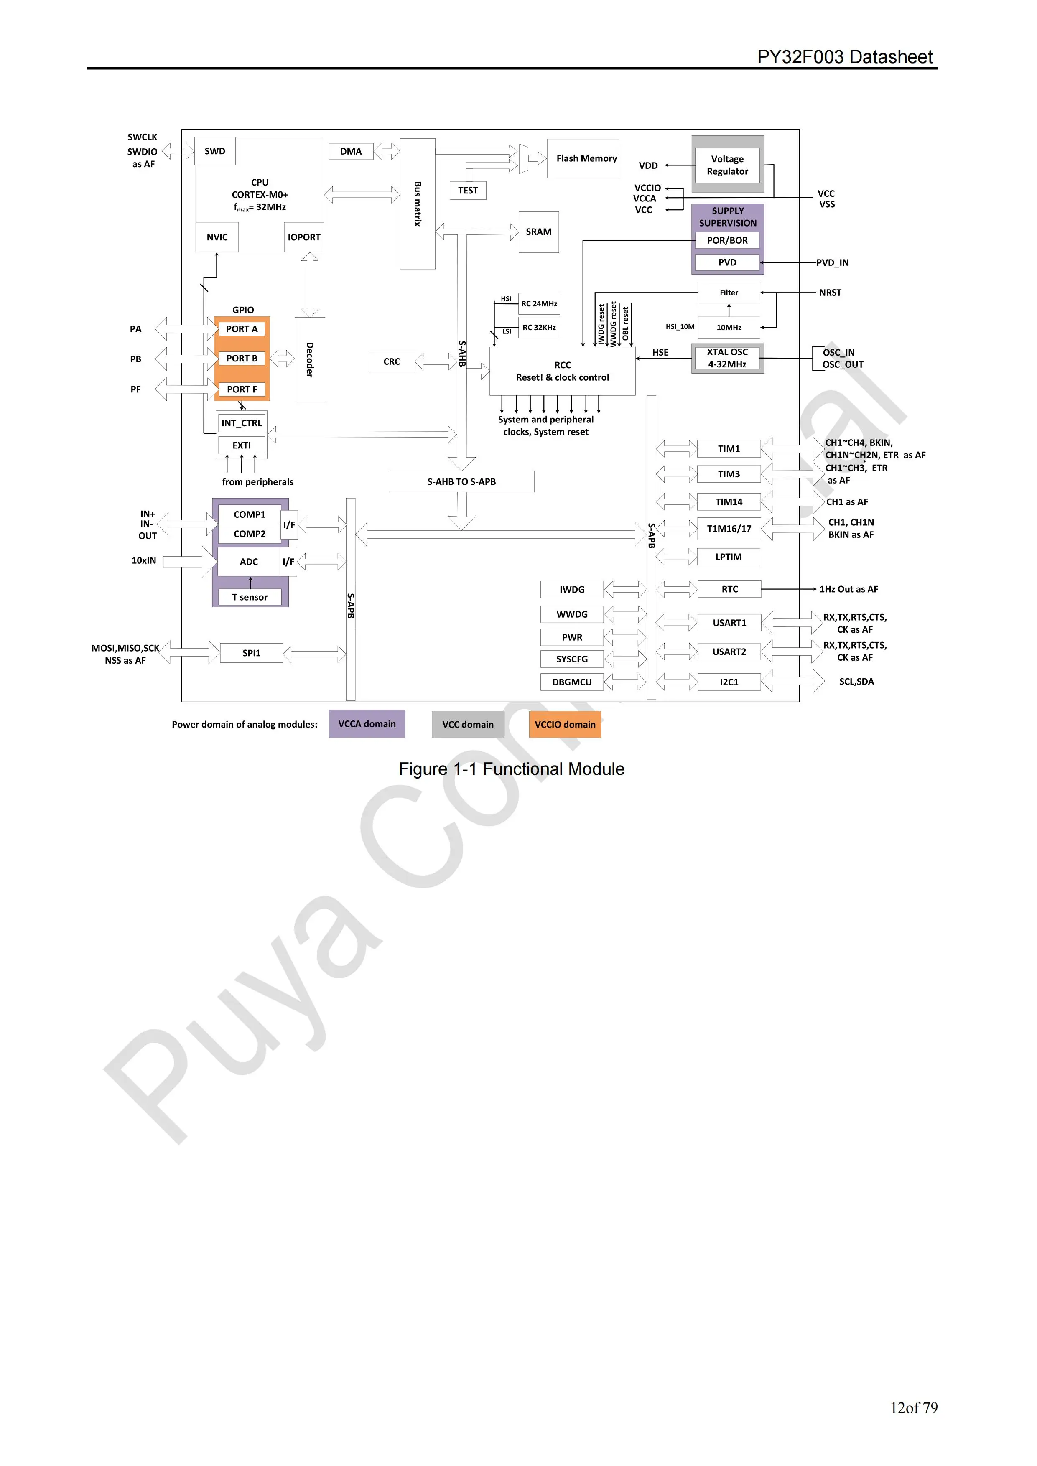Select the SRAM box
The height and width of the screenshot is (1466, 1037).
coord(538,232)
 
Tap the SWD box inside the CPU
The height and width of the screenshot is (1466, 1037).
coord(214,151)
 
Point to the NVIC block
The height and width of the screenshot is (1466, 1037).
coord(217,237)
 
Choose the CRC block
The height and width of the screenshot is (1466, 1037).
coord(391,361)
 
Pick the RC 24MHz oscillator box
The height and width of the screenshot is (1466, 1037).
coord(539,304)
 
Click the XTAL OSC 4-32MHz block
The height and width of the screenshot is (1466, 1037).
coord(727,358)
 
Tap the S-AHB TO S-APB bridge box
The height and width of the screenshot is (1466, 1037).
coord(461,481)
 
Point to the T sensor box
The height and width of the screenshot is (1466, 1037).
coord(250,597)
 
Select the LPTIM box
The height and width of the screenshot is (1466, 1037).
coord(728,557)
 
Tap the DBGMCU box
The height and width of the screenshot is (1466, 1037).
coord(571,682)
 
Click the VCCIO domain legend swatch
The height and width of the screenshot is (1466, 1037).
coord(564,724)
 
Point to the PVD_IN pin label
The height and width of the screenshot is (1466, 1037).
coord(832,262)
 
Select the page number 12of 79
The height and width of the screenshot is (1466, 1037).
coord(913,1407)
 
